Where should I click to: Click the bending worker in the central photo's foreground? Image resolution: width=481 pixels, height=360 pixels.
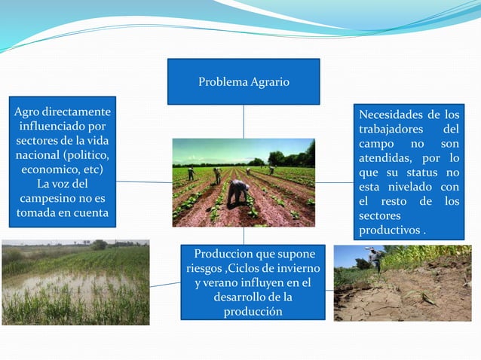click(x=238, y=191)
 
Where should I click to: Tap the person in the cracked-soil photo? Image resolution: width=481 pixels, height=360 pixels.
click(x=375, y=258)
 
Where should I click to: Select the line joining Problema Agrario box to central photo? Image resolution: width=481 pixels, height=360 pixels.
click(x=244, y=121)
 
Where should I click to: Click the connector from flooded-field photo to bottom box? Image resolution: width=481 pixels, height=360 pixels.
click(x=166, y=285)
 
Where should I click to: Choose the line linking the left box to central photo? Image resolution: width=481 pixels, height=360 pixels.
click(x=144, y=182)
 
